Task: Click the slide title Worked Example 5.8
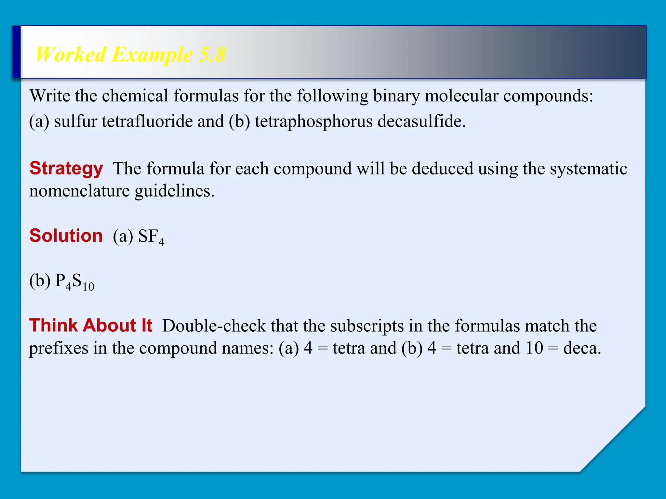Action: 130,54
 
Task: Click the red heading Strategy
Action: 66,168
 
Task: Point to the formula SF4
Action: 151,237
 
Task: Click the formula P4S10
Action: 75,281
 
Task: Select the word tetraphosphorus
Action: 313,121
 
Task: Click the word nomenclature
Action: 79,191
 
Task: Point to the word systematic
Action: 588,169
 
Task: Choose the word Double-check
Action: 214,326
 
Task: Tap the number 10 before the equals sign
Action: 534,348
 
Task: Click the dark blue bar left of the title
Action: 17,52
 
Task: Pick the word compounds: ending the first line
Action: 548,96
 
